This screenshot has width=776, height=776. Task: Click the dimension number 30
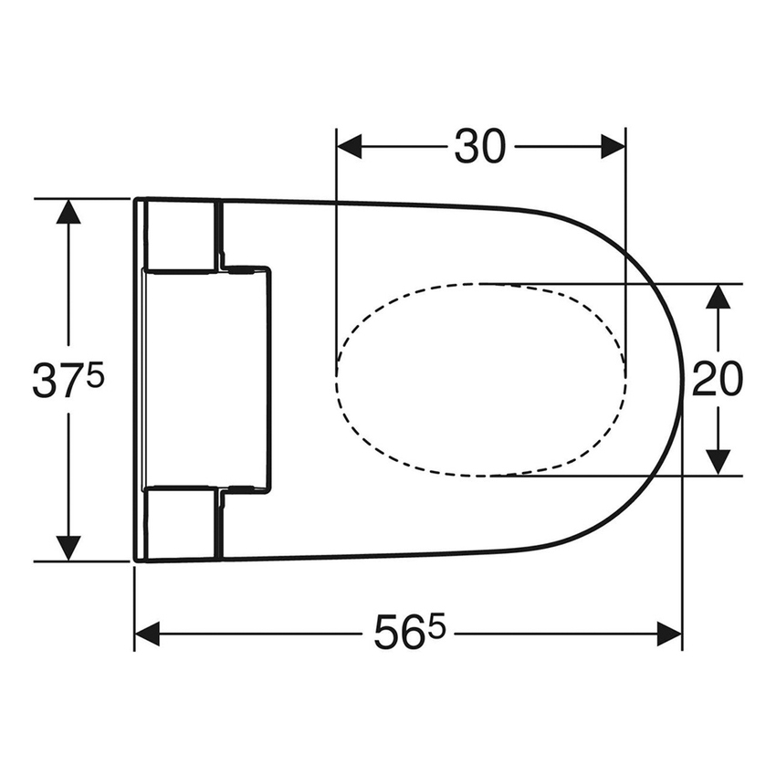(480, 147)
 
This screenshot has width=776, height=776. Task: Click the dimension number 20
(717, 380)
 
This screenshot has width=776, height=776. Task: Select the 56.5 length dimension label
(407, 634)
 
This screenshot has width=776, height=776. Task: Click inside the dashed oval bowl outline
(481, 380)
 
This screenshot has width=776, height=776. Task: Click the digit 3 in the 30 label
(467, 147)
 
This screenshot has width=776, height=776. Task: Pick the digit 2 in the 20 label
(704, 380)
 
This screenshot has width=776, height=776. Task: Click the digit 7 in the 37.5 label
(71, 381)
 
